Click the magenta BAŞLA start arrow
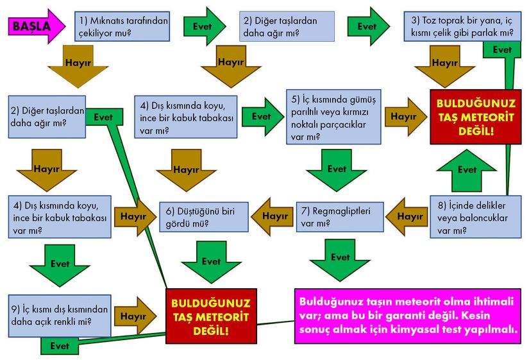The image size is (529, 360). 37,26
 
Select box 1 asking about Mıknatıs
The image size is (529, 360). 122,26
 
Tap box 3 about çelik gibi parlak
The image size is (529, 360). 462,26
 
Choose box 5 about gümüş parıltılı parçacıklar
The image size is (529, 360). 333,117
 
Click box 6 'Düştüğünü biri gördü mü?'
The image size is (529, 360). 204,217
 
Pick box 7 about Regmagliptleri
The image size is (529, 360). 340,217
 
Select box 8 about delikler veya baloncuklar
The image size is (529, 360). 476,217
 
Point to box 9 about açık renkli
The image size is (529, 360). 60,316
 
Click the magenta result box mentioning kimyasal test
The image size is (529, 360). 408,316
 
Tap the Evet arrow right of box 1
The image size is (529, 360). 205,26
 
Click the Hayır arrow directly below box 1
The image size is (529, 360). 78,67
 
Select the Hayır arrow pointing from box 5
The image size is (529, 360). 405,117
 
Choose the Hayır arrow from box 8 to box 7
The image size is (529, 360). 407,216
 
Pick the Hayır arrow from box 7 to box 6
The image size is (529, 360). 273,216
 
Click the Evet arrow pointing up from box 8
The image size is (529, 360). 467,171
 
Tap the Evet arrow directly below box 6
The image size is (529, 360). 211,262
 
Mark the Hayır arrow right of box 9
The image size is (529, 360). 135,316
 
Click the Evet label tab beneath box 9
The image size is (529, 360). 60,346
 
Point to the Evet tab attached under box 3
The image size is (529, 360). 502,49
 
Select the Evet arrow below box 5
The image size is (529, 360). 337,171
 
